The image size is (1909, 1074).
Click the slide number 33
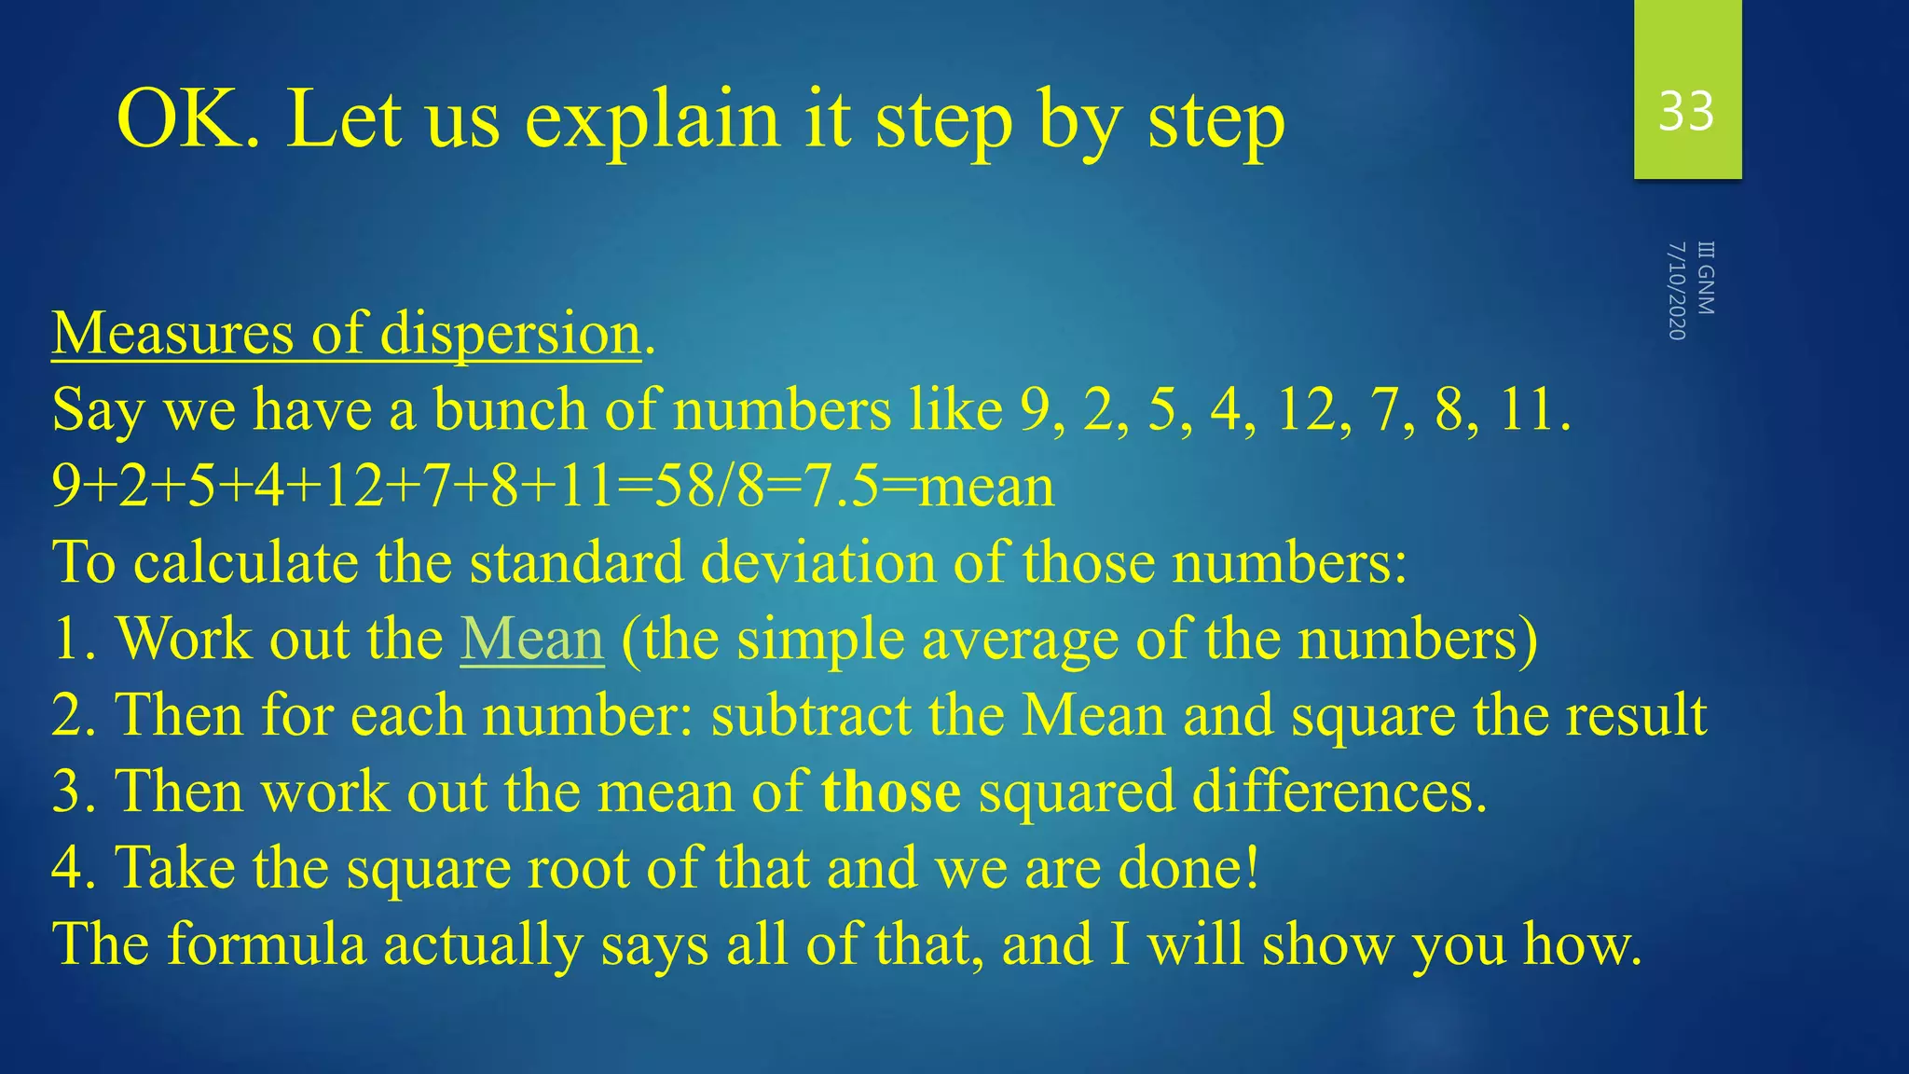(x=1686, y=112)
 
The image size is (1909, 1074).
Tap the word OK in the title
(x=183, y=119)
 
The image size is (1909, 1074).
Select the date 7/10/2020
(x=1677, y=290)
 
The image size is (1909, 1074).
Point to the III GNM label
(x=1706, y=278)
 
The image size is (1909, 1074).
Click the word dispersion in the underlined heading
(x=511, y=334)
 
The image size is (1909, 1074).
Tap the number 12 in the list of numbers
(x=1306, y=410)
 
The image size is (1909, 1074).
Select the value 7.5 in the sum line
(x=842, y=487)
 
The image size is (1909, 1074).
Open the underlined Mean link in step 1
(x=532, y=640)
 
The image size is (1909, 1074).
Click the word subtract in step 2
(x=811, y=716)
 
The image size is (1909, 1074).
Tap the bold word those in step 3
(x=891, y=792)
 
